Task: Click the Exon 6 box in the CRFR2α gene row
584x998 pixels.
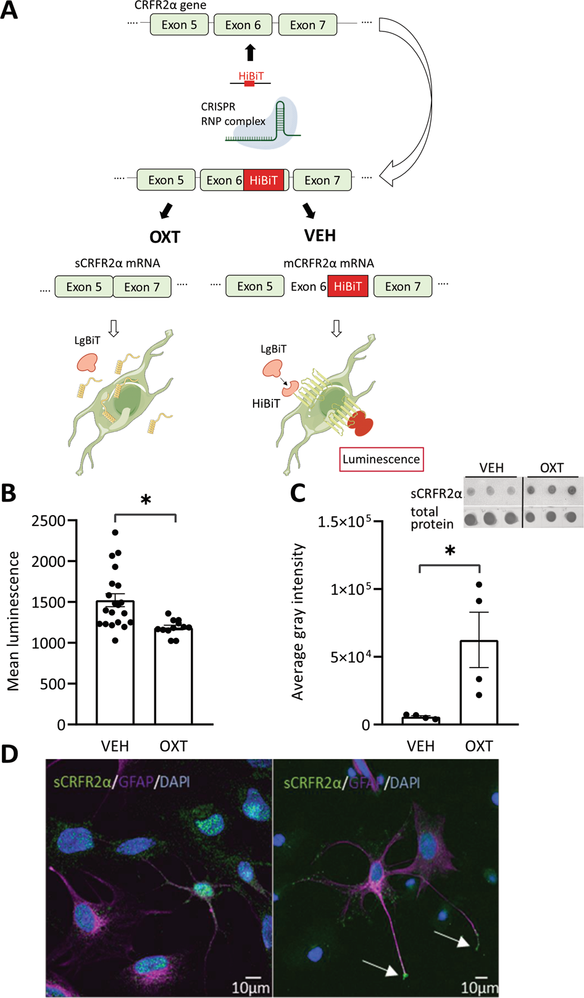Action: (x=243, y=25)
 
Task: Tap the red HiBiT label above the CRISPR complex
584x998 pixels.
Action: (x=251, y=76)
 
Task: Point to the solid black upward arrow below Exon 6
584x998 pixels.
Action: (x=250, y=52)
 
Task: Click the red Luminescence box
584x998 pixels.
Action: (x=381, y=459)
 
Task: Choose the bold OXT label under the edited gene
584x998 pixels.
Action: (x=165, y=237)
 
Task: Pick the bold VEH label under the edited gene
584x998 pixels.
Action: (x=320, y=235)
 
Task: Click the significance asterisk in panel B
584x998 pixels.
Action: (x=146, y=501)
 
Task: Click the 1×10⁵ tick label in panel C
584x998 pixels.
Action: (x=351, y=589)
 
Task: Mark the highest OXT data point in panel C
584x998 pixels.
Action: (x=479, y=584)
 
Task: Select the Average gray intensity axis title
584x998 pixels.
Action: (x=298, y=621)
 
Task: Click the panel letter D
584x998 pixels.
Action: (x=10, y=754)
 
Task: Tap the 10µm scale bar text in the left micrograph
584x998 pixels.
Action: (x=250, y=988)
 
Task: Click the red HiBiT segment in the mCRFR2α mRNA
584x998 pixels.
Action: (x=348, y=287)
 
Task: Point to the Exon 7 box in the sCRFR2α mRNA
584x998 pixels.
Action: (x=142, y=287)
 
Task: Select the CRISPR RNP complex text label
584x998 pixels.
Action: (x=233, y=114)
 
